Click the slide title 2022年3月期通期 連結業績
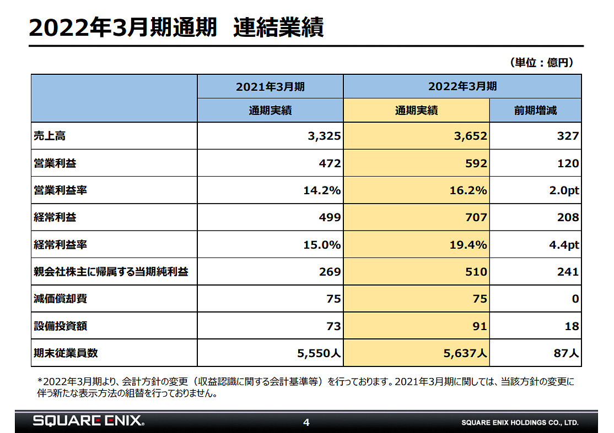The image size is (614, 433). (176, 28)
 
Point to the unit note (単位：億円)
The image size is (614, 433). (542, 63)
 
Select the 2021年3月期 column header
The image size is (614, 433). (270, 86)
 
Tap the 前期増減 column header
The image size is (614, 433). (535, 111)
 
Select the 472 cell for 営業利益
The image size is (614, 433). (330, 163)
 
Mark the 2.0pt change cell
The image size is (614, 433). (563, 190)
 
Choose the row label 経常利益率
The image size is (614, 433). (60, 245)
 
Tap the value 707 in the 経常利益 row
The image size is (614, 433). (476, 217)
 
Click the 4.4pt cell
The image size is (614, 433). (563, 245)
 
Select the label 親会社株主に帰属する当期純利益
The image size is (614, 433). (111, 272)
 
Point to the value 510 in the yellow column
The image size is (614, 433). (476, 272)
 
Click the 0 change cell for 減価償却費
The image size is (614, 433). (575, 299)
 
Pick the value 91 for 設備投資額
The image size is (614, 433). (479, 326)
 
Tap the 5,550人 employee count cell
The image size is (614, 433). (319, 354)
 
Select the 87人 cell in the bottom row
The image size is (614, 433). (566, 354)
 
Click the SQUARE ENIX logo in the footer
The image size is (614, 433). (89, 422)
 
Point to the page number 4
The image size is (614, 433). (306, 423)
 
